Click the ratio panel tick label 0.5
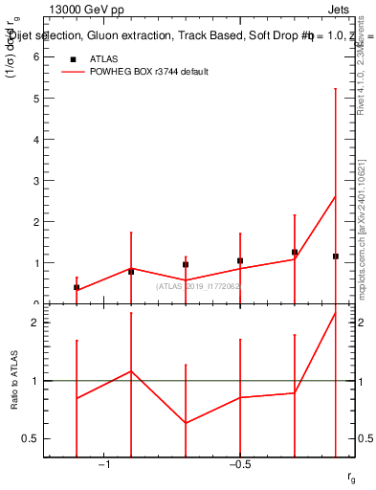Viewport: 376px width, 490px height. [31, 438]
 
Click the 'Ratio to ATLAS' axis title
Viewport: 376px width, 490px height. [13, 380]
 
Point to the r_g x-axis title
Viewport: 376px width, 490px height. [352, 476]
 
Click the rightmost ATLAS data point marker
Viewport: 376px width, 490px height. [335, 256]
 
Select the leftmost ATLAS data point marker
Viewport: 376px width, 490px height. [77, 287]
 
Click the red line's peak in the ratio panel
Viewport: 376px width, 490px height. [335, 313]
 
